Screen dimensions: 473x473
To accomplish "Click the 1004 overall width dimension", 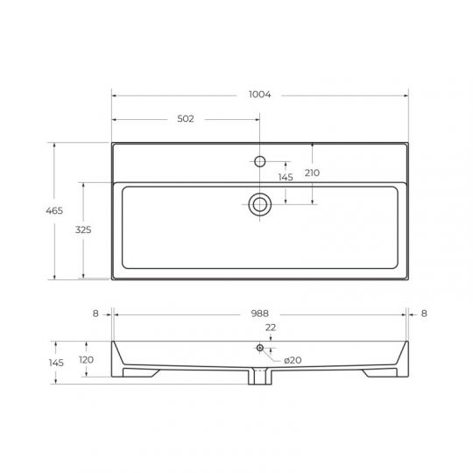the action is (x=260, y=95).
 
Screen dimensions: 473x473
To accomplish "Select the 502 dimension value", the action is (x=186, y=119).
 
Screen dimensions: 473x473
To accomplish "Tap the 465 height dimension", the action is (x=54, y=210).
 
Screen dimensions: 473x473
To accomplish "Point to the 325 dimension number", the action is (x=83, y=229).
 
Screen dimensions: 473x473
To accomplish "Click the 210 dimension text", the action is (x=312, y=173).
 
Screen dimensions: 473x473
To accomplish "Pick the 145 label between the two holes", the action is (x=286, y=177).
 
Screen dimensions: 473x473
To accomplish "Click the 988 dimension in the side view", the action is (x=260, y=314).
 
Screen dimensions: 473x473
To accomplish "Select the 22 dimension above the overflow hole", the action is (x=271, y=328).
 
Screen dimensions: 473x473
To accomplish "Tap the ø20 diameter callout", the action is (x=293, y=360).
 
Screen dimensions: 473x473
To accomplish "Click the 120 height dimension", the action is (x=86, y=360).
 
